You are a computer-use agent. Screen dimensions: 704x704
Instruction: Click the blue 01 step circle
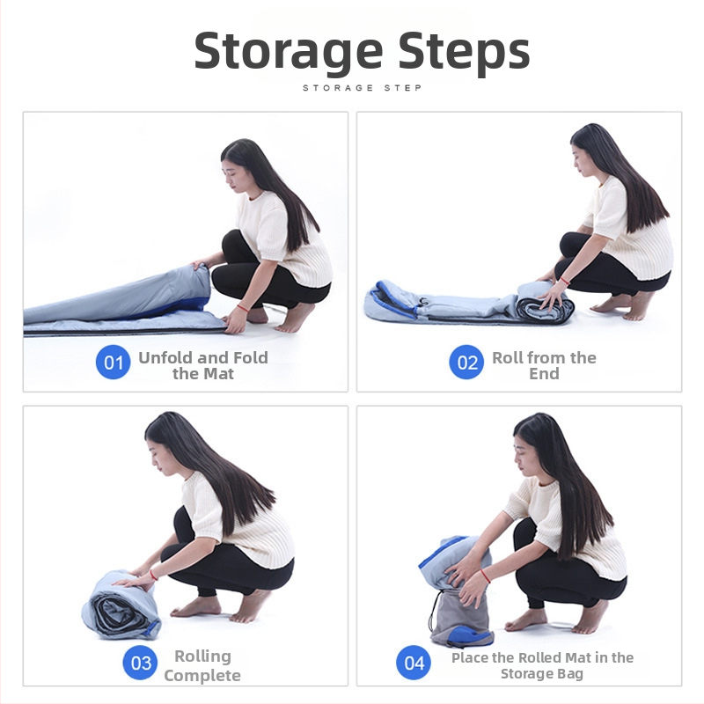(x=114, y=362)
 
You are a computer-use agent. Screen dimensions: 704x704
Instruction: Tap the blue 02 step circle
(x=466, y=362)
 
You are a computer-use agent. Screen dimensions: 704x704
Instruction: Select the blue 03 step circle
(x=140, y=663)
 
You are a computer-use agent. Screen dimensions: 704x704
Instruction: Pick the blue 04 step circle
(x=414, y=663)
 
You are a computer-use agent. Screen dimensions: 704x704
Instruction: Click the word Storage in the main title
(x=289, y=52)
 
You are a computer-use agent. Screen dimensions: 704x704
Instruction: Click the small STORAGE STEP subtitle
(x=362, y=87)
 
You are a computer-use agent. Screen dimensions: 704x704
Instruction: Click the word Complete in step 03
(x=202, y=675)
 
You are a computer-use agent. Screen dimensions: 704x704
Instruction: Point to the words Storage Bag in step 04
(x=542, y=673)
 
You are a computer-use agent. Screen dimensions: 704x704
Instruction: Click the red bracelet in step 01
(x=243, y=308)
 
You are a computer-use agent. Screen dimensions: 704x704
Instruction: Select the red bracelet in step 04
(x=485, y=576)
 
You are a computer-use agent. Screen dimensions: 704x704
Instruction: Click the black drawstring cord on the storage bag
(x=433, y=612)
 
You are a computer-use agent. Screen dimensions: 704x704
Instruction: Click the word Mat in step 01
(x=218, y=373)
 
